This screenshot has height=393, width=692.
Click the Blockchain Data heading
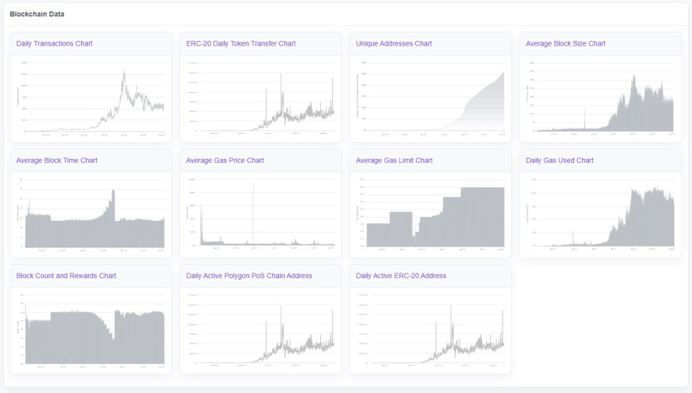[37, 14]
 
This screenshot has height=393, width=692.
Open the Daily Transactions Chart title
[54, 43]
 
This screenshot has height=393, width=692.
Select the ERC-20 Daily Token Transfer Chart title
[241, 43]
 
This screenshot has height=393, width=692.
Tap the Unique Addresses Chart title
[393, 43]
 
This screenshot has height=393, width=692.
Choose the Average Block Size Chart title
[565, 43]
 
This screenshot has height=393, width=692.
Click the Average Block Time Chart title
[57, 160]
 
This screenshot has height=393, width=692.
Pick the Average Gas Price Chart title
[225, 160]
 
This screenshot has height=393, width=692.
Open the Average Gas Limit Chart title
[394, 160]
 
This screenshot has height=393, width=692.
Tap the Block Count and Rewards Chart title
[66, 276]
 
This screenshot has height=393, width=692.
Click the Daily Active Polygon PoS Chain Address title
[249, 276]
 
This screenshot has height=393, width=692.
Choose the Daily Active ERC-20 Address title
[401, 276]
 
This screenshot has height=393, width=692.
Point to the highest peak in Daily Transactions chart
[123, 72]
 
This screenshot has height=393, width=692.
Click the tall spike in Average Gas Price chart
[253, 186]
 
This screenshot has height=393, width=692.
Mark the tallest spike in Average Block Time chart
[114, 191]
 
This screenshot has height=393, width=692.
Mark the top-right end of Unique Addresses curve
[504, 73]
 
